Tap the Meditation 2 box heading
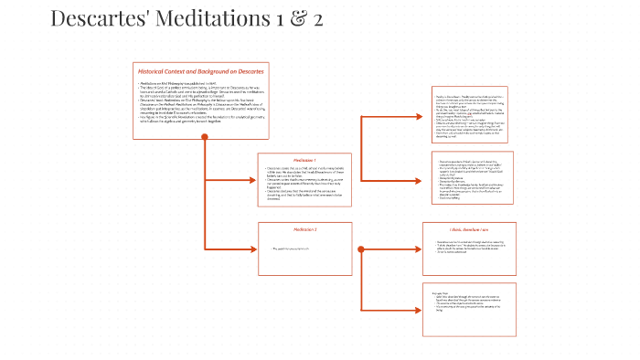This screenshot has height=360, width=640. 304,228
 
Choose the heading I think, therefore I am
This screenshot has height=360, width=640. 468,229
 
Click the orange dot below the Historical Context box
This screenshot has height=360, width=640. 205,138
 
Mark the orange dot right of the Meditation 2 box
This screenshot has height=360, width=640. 363,249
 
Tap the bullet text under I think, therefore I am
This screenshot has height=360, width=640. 470,249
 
